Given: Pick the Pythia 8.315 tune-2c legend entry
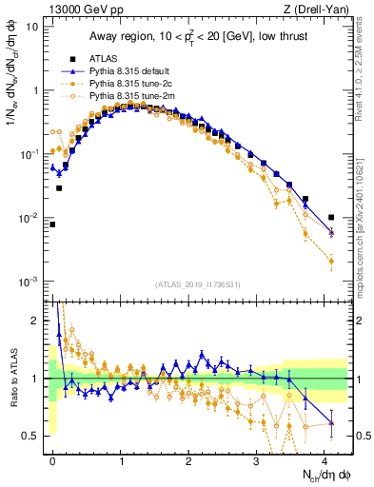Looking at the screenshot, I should tap(128, 84).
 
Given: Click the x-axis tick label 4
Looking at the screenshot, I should tap(325, 461).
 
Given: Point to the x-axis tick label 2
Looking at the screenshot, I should tap(189, 461).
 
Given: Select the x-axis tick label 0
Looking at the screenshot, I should tap(53, 461).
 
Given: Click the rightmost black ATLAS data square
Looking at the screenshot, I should tap(331, 217).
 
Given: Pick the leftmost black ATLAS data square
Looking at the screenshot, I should tap(53, 224).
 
